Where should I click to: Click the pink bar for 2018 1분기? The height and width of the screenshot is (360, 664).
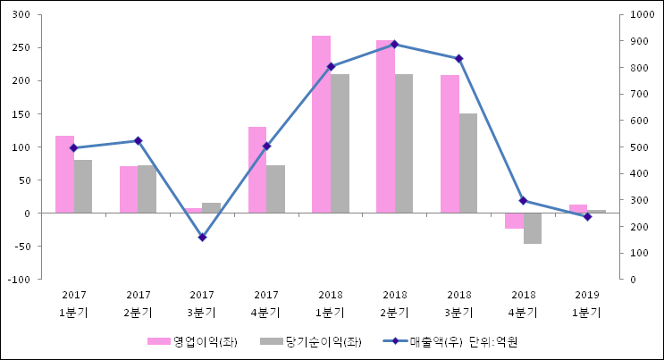(x=321, y=124)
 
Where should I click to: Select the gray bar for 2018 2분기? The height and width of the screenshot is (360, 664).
(x=404, y=143)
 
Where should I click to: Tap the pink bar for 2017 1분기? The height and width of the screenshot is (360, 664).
(x=64, y=174)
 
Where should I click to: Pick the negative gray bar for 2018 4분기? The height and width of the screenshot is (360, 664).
(x=533, y=228)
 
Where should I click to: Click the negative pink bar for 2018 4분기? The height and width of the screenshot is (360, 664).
(x=514, y=221)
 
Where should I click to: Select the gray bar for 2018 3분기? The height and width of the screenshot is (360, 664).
(x=468, y=163)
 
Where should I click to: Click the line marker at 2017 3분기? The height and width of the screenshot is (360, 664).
(x=202, y=237)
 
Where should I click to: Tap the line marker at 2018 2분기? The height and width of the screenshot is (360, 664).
(x=395, y=44)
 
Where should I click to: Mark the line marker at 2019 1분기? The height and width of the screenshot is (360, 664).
(x=587, y=216)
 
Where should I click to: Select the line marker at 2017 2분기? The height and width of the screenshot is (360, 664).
(x=138, y=140)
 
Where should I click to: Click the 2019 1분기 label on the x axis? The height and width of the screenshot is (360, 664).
(x=587, y=303)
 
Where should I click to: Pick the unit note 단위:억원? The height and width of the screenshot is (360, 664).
(x=494, y=341)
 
